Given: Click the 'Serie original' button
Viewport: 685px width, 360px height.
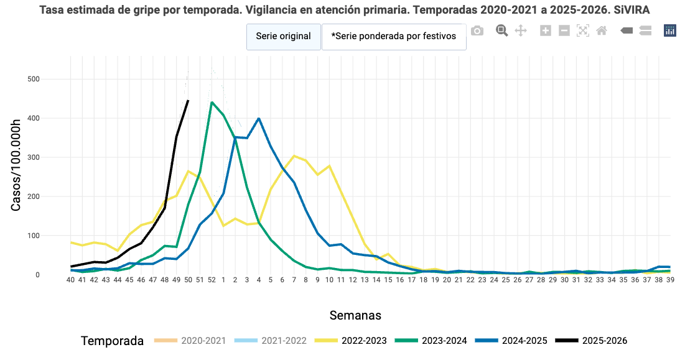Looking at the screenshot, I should click(x=283, y=37).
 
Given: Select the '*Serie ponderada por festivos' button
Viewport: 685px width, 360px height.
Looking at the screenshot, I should click(x=393, y=37).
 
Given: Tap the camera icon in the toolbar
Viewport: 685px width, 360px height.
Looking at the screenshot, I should click(x=477, y=30).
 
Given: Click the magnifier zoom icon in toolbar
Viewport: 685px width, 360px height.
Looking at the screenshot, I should click(x=502, y=30).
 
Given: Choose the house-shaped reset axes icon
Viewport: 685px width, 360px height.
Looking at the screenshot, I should click(x=602, y=30).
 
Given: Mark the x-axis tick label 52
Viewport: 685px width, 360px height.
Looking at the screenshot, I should click(x=212, y=280).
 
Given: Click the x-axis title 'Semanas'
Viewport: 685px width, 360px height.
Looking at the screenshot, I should click(x=355, y=315).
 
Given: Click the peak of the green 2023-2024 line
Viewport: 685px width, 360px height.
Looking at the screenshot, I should click(x=212, y=102).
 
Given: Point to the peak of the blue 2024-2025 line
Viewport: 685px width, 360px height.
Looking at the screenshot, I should click(x=259, y=118).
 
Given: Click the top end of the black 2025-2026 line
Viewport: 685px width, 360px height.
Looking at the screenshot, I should click(x=188, y=100).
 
